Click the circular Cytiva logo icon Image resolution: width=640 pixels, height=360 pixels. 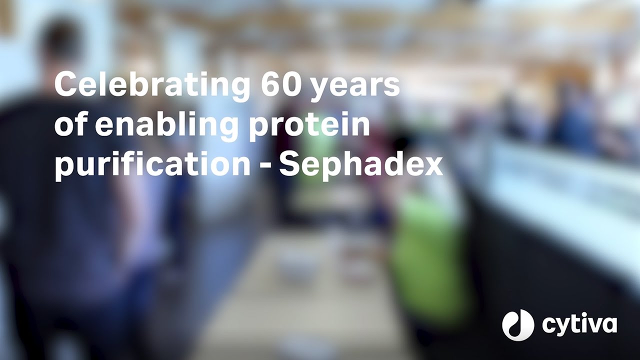pyautogui.click(x=518, y=325)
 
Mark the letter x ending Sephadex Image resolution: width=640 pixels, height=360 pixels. pyautogui.click(x=432, y=166)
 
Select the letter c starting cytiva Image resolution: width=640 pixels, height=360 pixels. pyautogui.click(x=550, y=326)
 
